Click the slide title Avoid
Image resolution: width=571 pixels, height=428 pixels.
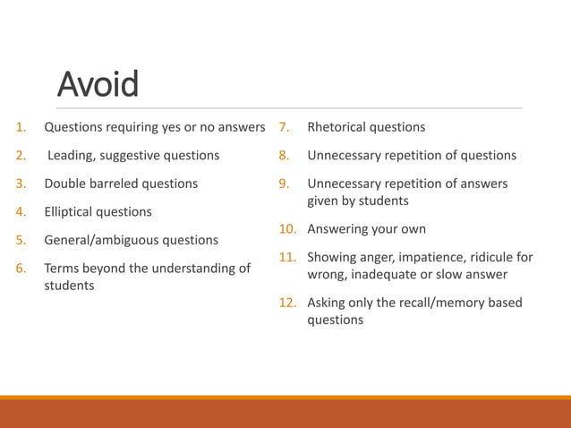point(98,84)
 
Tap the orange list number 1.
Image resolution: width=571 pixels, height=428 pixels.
point(21,127)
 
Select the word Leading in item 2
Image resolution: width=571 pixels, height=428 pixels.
point(71,156)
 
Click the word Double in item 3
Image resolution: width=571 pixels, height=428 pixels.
point(65,184)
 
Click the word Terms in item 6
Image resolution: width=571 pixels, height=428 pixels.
point(62,268)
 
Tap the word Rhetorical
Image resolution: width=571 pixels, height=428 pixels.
point(337,127)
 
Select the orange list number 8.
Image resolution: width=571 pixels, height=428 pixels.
point(284,156)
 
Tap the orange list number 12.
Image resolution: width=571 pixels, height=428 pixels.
point(286,303)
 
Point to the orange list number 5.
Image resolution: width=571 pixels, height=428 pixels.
point(21,240)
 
